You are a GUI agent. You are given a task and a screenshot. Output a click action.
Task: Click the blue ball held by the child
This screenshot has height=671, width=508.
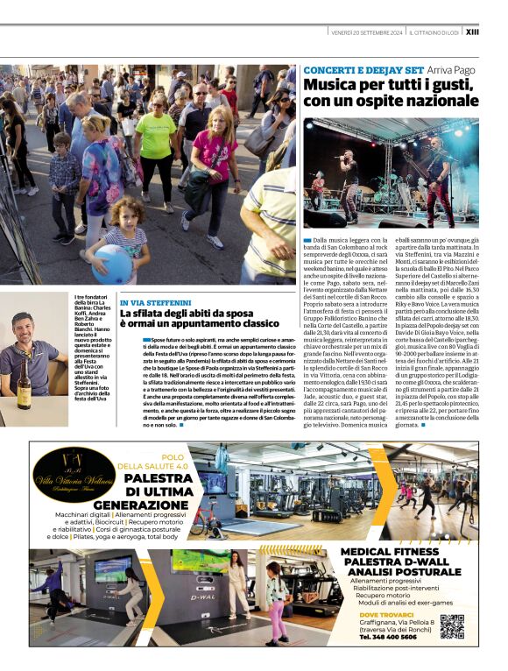pos(114,263)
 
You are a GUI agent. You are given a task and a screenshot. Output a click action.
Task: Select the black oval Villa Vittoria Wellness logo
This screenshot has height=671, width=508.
pos(75,475)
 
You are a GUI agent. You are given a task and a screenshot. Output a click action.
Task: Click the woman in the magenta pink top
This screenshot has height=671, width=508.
pos(211,158)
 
